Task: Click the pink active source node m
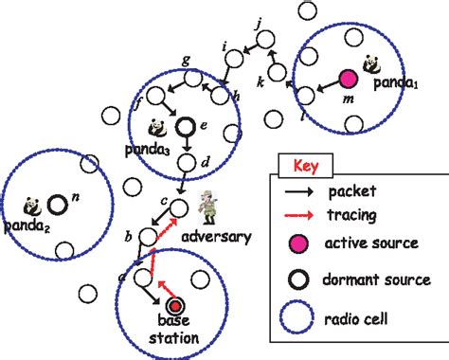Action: [x=348, y=78]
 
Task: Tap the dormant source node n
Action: [x=58, y=203]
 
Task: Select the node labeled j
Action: [x=267, y=38]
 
